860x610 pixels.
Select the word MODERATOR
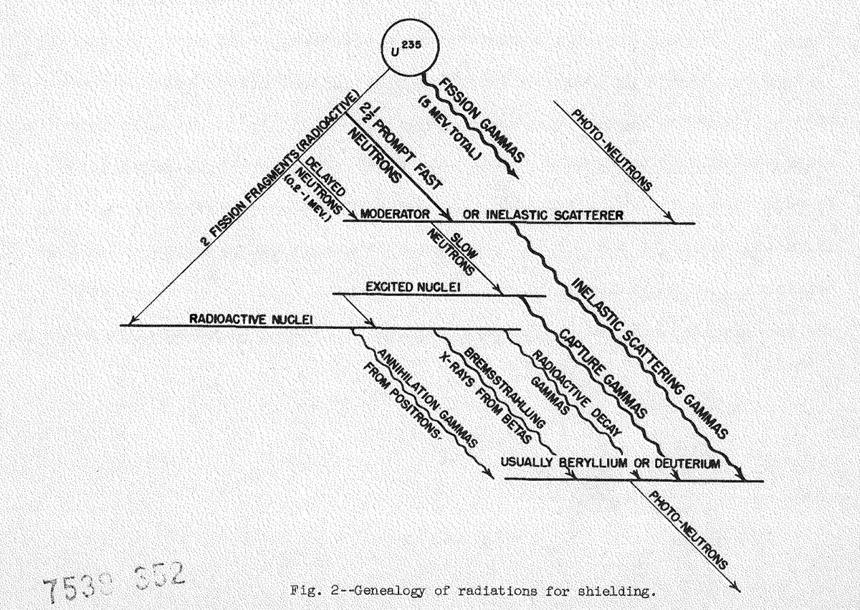point(394,214)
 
